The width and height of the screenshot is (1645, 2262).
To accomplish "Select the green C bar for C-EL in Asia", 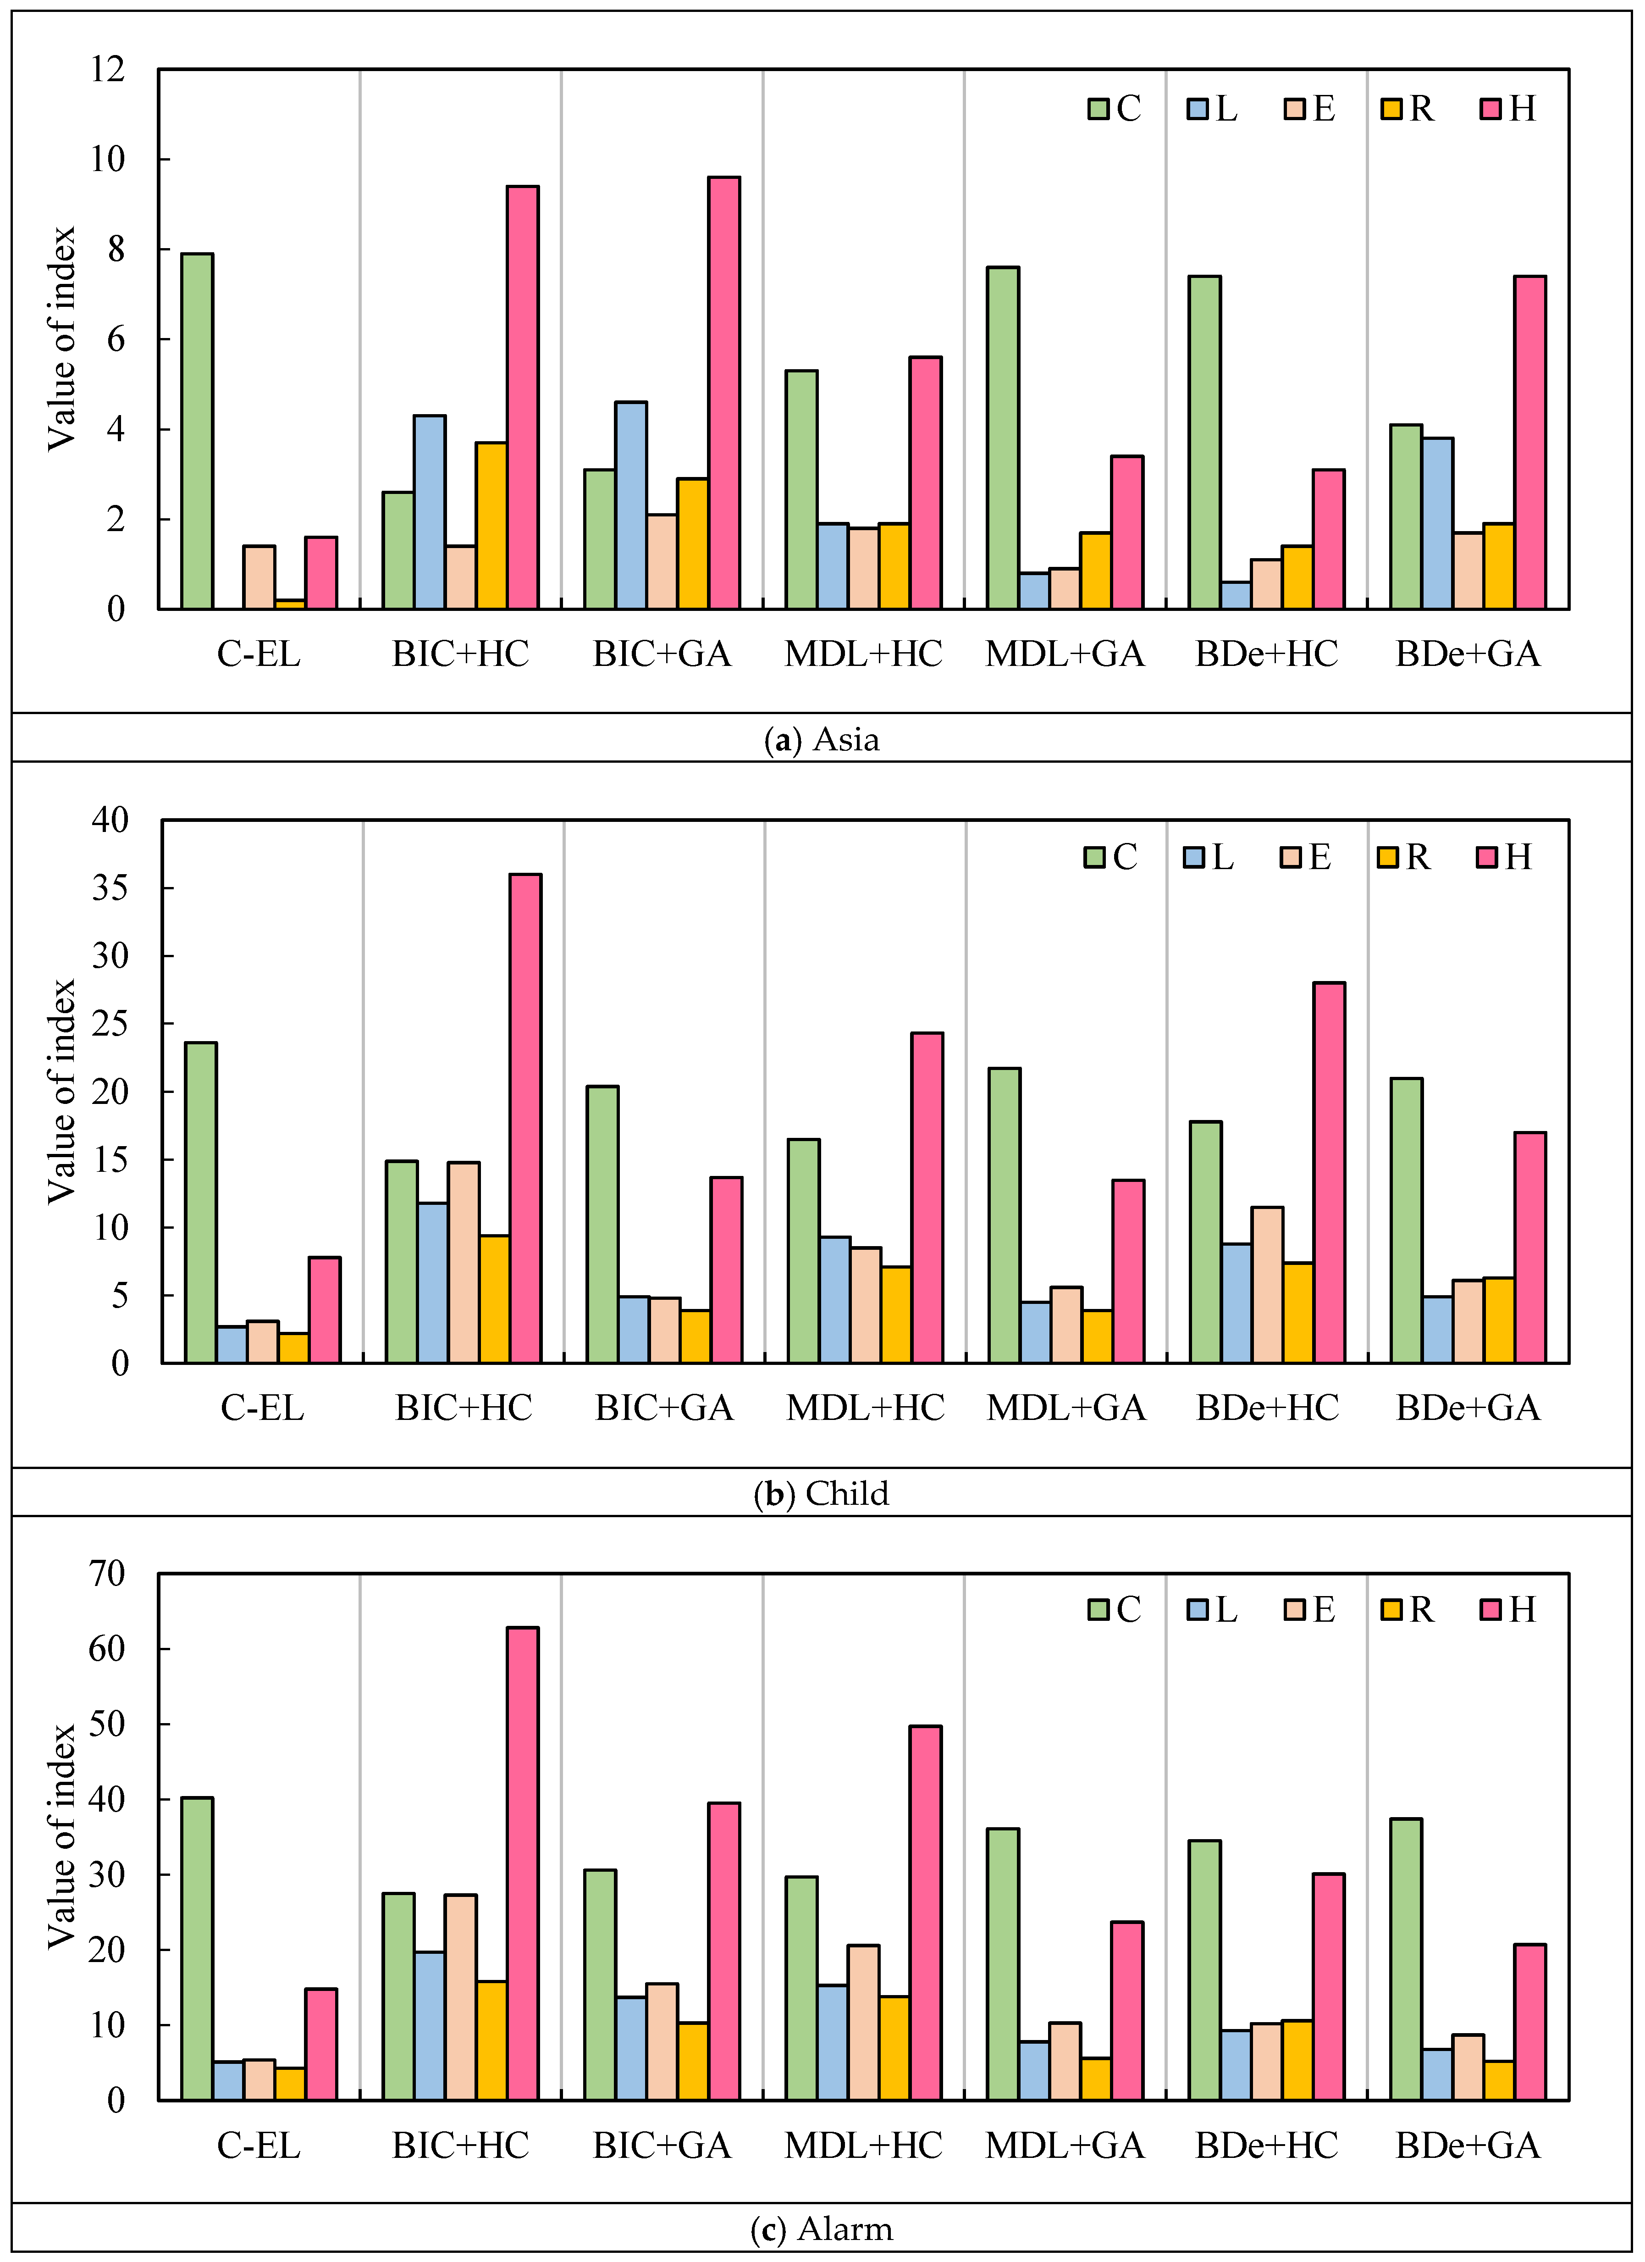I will [198, 431].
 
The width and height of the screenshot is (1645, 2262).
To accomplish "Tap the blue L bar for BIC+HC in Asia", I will [430, 512].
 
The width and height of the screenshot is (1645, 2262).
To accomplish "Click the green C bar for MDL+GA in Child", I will [1004, 1215].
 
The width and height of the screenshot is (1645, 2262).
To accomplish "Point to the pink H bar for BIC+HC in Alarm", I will [522, 1863].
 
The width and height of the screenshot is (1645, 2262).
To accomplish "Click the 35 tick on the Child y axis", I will [110, 887].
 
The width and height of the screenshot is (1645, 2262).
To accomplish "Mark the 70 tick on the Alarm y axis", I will [108, 1574].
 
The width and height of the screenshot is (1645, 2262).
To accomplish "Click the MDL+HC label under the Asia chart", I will [863, 654].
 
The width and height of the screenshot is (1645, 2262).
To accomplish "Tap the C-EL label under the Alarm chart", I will [258, 2146].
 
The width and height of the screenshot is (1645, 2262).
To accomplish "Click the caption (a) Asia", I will [822, 739].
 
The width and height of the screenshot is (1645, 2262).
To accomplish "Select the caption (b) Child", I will [822, 1493].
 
